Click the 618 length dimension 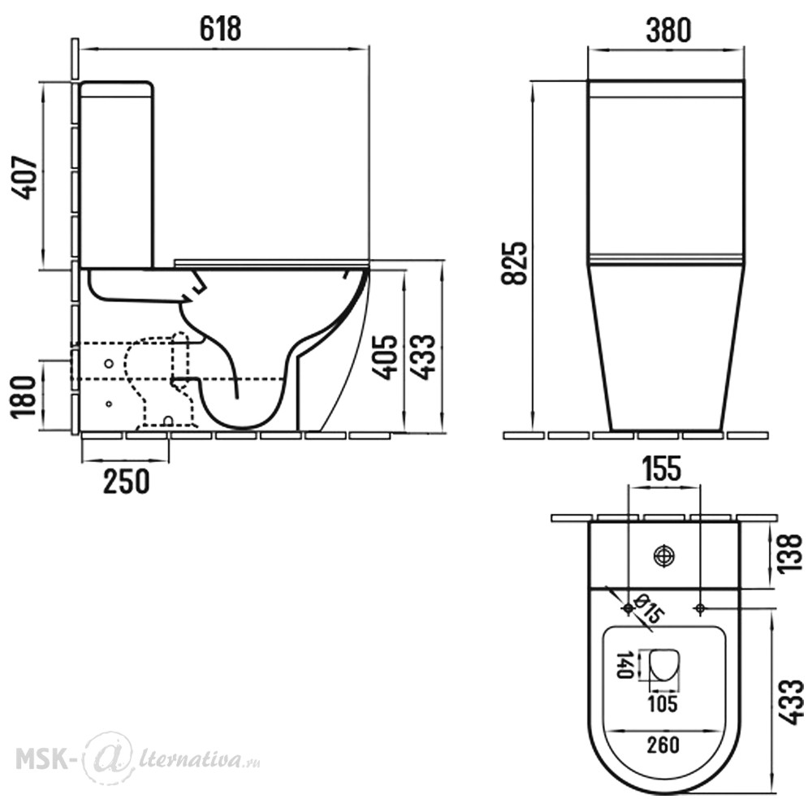pyautogui.click(x=221, y=28)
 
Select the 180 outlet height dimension pyautogui.click(x=24, y=396)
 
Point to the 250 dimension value pyautogui.click(x=127, y=481)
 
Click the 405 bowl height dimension pyautogui.click(x=387, y=358)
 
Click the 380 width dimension pyautogui.click(x=668, y=30)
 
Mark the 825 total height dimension pyautogui.click(x=514, y=263)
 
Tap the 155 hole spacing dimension pyautogui.click(x=662, y=469)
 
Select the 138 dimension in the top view pyautogui.click(x=790, y=554)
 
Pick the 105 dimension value pyautogui.click(x=663, y=704)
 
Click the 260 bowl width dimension pyautogui.click(x=663, y=745)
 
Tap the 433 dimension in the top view pyautogui.click(x=790, y=702)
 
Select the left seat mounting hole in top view pyautogui.click(x=628, y=607)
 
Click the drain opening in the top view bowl pyautogui.click(x=664, y=665)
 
